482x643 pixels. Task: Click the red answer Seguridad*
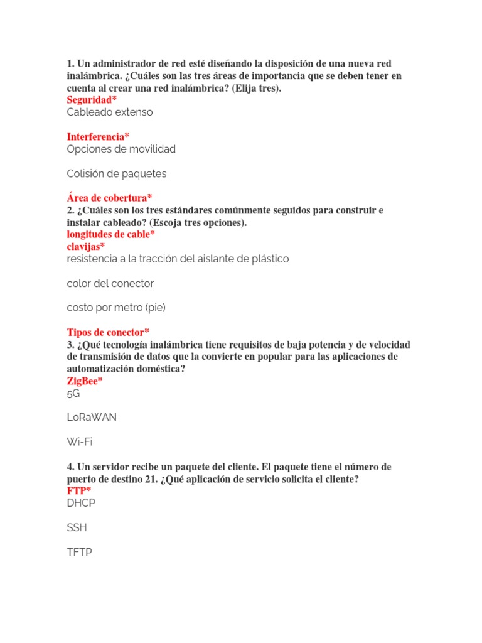pyautogui.click(x=92, y=100)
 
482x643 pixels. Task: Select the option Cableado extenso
pyautogui.click(x=110, y=112)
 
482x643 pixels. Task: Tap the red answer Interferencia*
pyautogui.click(x=98, y=137)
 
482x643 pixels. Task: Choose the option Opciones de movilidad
pyautogui.click(x=121, y=149)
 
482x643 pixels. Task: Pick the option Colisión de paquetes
pyautogui.click(x=117, y=174)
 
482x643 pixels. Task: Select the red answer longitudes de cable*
pyautogui.click(x=111, y=235)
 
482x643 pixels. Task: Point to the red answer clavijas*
pyautogui.click(x=86, y=247)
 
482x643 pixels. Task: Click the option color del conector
pyautogui.click(x=110, y=284)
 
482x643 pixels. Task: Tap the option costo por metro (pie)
pyautogui.click(x=116, y=308)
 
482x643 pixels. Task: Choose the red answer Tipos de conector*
pyautogui.click(x=108, y=332)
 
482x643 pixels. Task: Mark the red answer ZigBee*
pyautogui.click(x=85, y=381)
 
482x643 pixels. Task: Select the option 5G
pyautogui.click(x=73, y=394)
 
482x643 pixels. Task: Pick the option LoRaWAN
pyautogui.click(x=92, y=418)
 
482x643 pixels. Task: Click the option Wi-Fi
pyautogui.click(x=80, y=442)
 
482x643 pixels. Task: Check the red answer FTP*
pyautogui.click(x=79, y=491)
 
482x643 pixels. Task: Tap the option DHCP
pyautogui.click(x=82, y=503)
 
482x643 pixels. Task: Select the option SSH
pyautogui.click(x=77, y=528)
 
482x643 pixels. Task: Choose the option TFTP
pyautogui.click(x=79, y=553)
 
